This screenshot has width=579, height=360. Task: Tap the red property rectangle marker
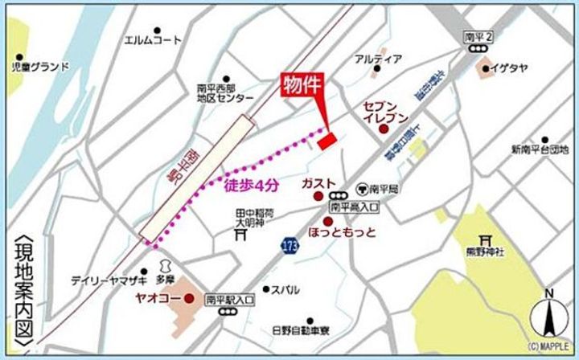tap(326, 142)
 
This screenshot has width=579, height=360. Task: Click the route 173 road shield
tap(289, 243)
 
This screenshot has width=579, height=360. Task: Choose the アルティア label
tap(378, 59)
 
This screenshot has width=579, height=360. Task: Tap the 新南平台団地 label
tap(539, 149)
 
